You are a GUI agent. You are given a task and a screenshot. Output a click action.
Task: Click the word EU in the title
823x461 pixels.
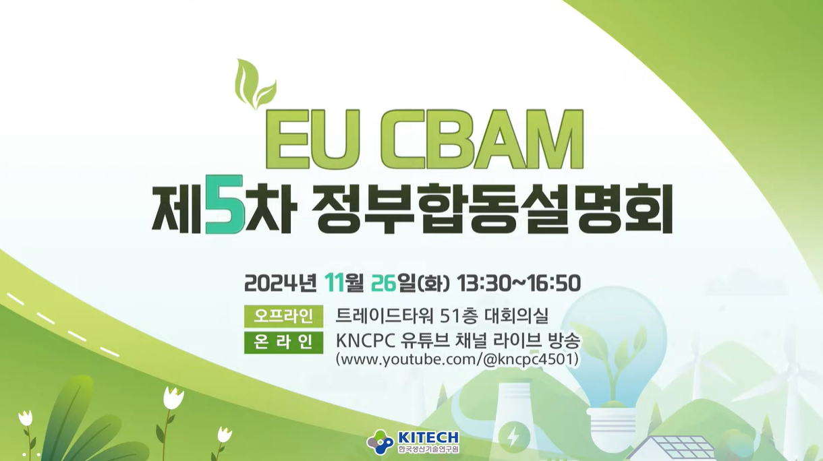tap(306, 140)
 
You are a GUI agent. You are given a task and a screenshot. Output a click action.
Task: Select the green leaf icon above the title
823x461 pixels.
tap(256, 84)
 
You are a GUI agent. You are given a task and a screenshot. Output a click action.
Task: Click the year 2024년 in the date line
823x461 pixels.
tap(281, 283)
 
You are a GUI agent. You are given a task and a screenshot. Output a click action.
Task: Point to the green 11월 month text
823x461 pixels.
tap(344, 283)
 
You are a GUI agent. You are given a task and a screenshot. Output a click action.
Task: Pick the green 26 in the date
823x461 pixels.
tap(384, 283)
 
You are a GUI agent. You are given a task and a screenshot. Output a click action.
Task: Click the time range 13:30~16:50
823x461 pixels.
tap(519, 283)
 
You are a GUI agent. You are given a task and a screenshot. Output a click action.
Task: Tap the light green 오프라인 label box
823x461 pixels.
tap(283, 315)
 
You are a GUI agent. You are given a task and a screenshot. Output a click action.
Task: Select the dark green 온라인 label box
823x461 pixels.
tap(283, 342)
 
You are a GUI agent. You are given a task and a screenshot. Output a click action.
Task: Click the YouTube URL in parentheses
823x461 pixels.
tap(457, 359)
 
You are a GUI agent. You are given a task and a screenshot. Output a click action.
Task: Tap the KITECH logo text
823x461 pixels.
tap(428, 437)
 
